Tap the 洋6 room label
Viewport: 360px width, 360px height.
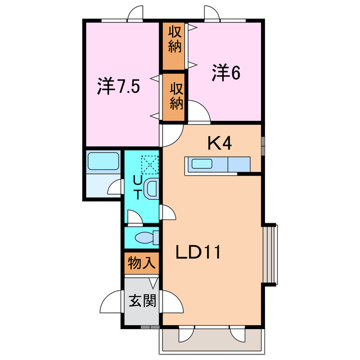click(x=226, y=73)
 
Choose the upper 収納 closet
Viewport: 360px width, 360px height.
click(x=174, y=46)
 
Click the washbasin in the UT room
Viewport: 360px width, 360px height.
click(x=152, y=189)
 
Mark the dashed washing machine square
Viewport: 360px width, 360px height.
click(x=149, y=164)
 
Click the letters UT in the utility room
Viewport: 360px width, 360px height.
click(x=137, y=188)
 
